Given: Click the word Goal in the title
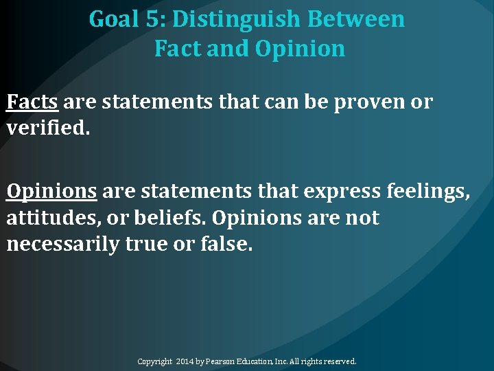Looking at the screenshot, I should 114,20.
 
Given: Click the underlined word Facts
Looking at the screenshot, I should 32,102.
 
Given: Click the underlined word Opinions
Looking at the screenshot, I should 51,190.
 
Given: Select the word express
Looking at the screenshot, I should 341,190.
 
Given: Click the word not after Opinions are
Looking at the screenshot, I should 361,218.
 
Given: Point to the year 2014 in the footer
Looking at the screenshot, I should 186,361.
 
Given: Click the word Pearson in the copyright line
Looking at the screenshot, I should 221,361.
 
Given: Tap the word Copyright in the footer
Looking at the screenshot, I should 156,361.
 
